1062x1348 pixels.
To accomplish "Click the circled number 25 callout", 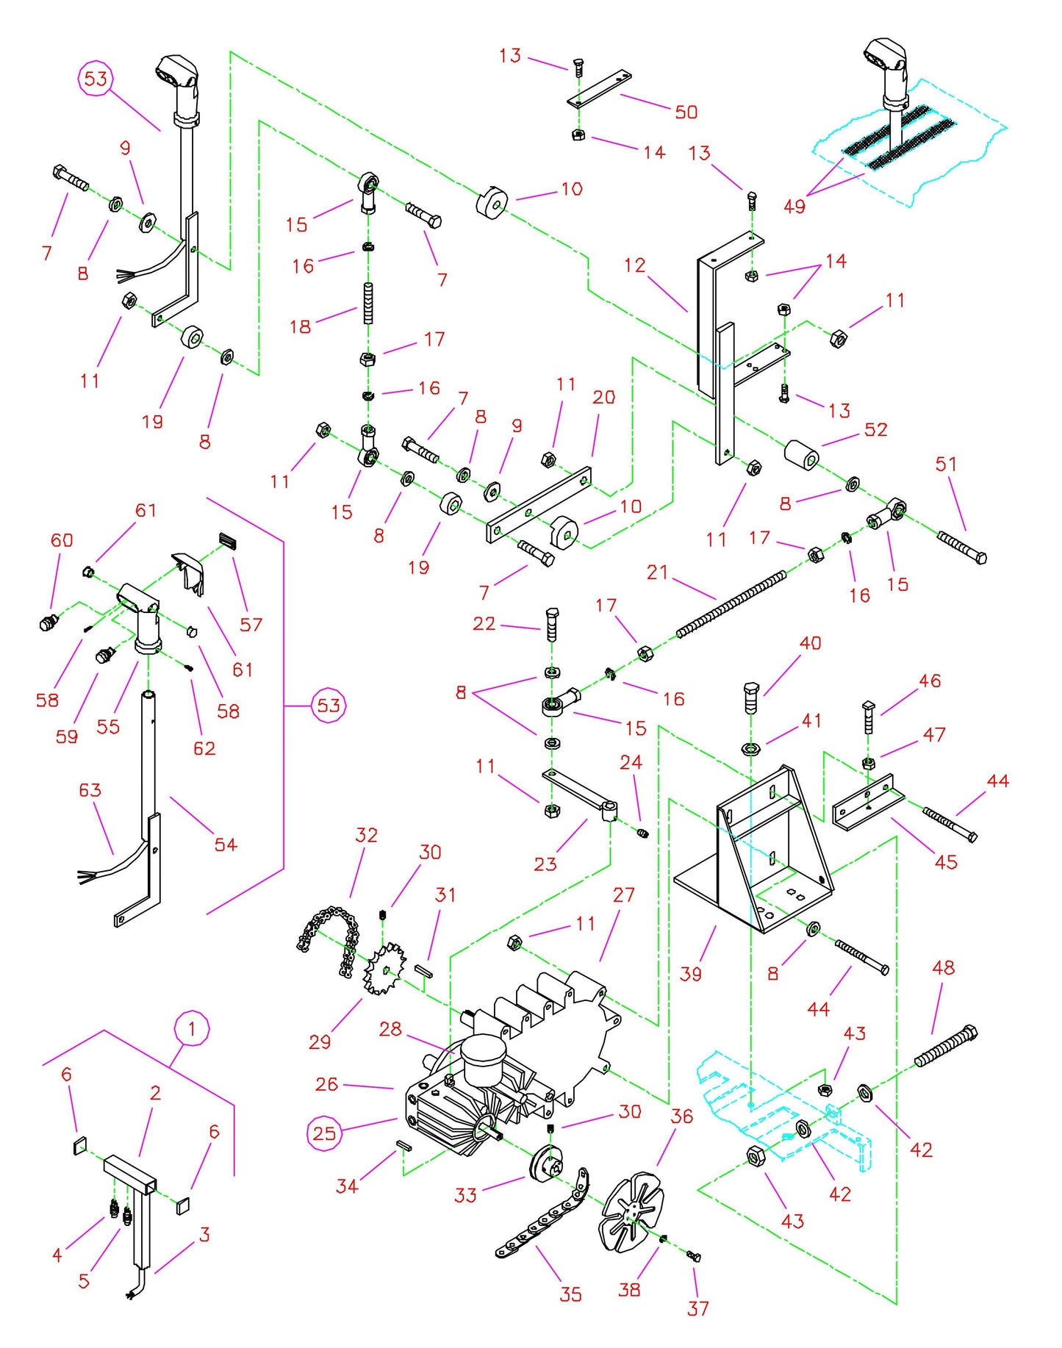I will point(324,1133).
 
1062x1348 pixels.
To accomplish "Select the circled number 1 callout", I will point(192,1028).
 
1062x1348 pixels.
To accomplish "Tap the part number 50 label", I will point(686,112).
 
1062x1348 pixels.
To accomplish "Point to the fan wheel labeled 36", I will point(631,1212).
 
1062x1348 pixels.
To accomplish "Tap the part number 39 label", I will point(690,974).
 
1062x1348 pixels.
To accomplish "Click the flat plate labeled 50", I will point(600,89).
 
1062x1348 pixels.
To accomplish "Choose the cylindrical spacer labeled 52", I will point(801,455).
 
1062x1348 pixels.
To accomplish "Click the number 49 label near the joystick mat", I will point(794,207).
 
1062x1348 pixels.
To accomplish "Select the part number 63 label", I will point(90,790).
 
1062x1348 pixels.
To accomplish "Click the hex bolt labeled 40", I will point(750,698).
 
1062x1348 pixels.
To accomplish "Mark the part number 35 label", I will point(570,1294).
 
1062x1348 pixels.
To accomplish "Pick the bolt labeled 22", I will point(553,625).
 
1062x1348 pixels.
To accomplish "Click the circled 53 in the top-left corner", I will point(96,79).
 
